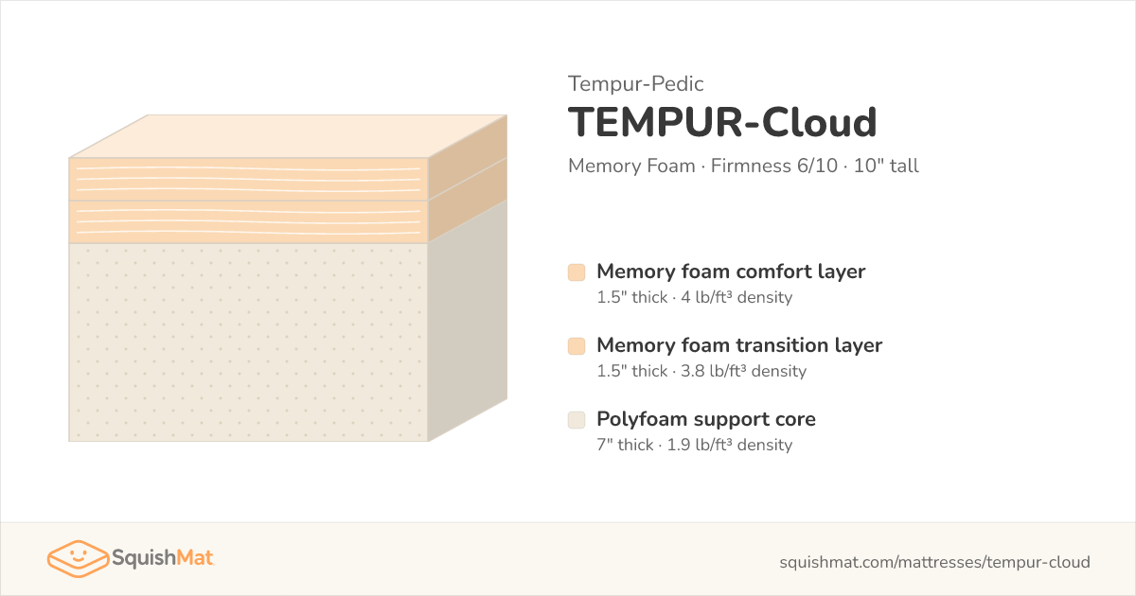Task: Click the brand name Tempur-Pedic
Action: click(635, 83)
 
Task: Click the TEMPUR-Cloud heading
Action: click(722, 122)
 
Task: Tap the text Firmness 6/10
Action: click(774, 166)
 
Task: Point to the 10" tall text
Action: click(886, 166)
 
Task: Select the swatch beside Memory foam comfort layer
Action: click(577, 272)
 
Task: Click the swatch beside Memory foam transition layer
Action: click(577, 346)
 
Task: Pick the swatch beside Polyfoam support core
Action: click(577, 420)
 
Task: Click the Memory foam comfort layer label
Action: click(731, 272)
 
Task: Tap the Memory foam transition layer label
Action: click(739, 345)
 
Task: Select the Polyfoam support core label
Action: click(706, 419)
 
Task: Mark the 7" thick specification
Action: click(625, 445)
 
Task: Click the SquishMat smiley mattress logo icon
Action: click(78, 558)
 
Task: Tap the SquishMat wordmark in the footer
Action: click(163, 558)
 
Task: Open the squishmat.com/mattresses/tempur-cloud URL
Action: click(934, 562)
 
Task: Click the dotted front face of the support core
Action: click(248, 342)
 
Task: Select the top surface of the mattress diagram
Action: click(288, 136)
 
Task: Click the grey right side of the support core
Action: click(468, 321)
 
